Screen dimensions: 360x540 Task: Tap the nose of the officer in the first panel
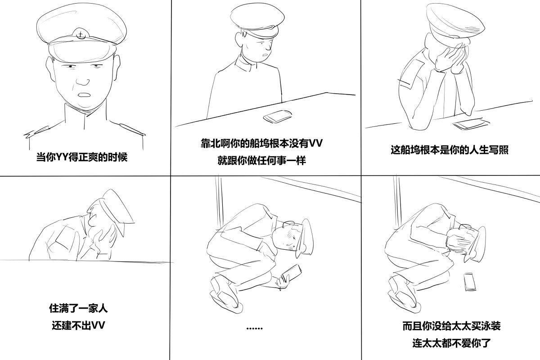click(x=82, y=81)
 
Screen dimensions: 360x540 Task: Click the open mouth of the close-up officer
click(x=84, y=96)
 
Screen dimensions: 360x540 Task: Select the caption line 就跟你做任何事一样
click(x=261, y=160)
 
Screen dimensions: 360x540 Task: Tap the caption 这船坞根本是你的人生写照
click(x=449, y=150)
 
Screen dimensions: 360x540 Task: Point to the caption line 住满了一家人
click(x=78, y=309)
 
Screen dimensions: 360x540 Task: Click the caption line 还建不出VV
click(x=78, y=325)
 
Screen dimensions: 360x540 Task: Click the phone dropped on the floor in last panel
click(x=469, y=282)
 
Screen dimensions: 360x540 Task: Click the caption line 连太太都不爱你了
click(x=451, y=342)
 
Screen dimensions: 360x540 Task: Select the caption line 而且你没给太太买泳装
click(x=451, y=326)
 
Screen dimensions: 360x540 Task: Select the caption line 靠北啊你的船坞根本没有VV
click(x=261, y=144)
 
